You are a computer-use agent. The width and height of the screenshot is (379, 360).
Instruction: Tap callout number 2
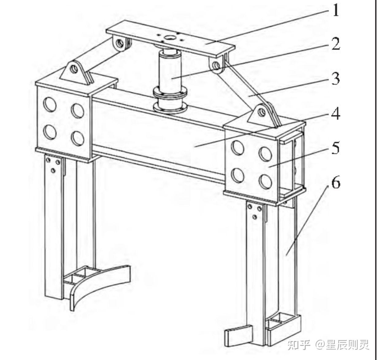[x=336, y=44]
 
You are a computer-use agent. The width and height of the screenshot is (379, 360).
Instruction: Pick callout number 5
[x=336, y=148]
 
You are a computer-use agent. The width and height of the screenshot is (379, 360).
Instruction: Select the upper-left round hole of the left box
[x=50, y=104]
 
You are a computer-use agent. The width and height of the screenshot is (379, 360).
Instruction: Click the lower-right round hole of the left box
[x=78, y=138]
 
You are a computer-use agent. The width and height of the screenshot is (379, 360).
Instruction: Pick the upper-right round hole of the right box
[x=266, y=154]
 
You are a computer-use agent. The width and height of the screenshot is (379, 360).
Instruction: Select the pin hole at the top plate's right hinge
[x=216, y=66]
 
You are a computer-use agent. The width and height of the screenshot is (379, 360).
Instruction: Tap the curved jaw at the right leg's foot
[x=238, y=335]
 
